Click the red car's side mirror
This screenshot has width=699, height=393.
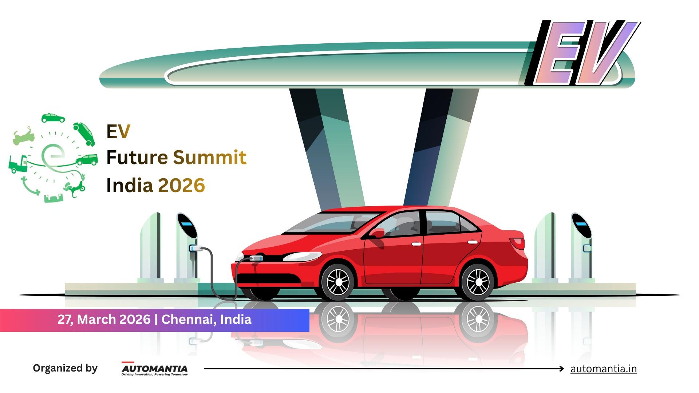[378, 233]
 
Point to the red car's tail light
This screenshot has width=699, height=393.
[517, 243]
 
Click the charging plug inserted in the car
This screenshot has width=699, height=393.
[256, 259]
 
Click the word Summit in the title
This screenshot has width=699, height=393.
[210, 158]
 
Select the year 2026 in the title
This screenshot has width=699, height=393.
[182, 185]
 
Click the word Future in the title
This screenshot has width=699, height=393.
[137, 158]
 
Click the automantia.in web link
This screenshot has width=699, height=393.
[603, 369]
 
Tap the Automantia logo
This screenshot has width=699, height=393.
[154, 369]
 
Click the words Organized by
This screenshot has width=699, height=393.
[65, 368]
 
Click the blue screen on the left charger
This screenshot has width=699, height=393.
[186, 221]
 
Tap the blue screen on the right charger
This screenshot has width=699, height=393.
[581, 221]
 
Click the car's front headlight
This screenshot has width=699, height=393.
[302, 257]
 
